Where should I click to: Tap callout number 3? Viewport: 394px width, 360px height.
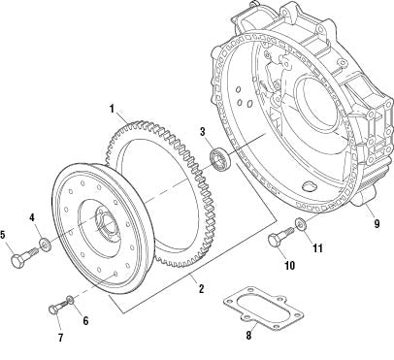[x=201, y=131]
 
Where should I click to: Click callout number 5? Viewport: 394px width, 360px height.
[x=5, y=234]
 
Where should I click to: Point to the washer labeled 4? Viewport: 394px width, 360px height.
[x=46, y=244]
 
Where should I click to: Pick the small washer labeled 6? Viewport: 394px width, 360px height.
[x=70, y=299]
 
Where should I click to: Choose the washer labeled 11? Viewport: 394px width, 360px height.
[x=299, y=226]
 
